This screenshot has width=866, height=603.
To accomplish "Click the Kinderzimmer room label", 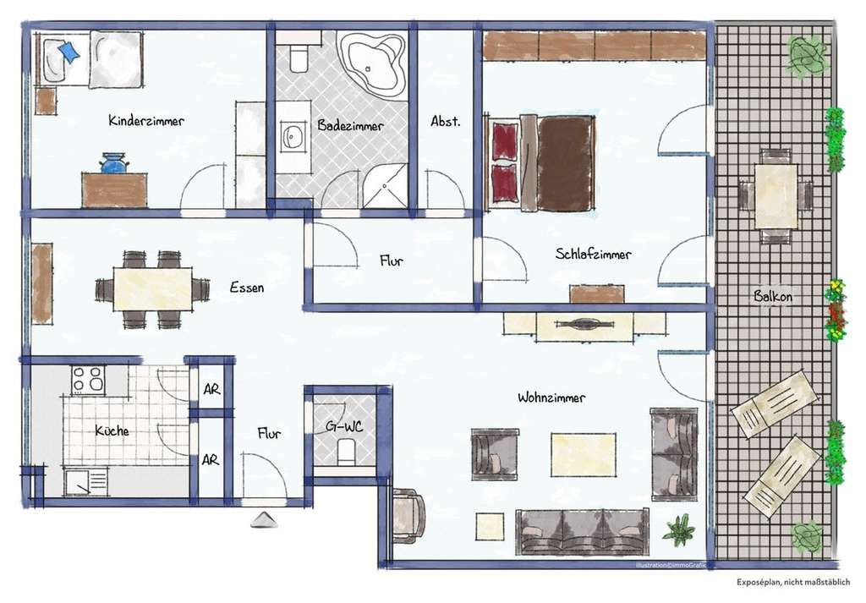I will click(146, 121).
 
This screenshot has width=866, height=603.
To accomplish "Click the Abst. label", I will click(446, 121).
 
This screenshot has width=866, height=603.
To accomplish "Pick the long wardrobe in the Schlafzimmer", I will click(595, 46).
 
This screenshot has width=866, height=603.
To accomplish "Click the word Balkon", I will click(771, 296).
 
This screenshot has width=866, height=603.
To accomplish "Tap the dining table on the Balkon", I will click(776, 195).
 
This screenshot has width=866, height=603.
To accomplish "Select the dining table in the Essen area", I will click(153, 289).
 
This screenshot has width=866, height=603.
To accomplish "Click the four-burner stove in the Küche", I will click(88, 380).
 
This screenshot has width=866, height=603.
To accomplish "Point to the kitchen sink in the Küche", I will click(86, 483).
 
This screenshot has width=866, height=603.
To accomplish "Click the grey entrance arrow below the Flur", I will click(264, 521).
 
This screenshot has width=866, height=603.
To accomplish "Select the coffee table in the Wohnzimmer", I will click(584, 453).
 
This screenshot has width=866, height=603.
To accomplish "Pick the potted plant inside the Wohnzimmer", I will click(678, 530).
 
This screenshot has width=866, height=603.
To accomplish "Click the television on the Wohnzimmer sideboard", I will click(584, 323).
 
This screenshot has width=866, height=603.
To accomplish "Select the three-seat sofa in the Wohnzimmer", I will click(583, 532).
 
